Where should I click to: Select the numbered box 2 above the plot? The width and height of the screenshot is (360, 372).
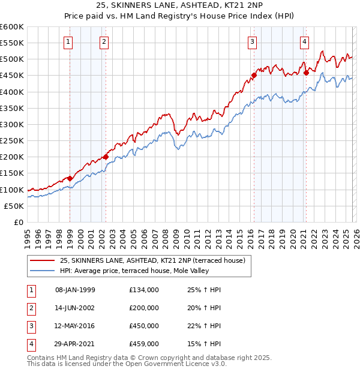point(104,41)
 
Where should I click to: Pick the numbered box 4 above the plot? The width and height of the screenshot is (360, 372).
point(304,41)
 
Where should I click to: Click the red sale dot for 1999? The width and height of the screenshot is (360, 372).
point(70,178)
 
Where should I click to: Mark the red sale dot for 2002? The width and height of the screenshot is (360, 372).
point(106,157)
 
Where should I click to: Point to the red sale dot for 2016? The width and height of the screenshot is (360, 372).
point(254,76)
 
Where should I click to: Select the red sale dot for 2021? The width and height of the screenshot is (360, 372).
point(306,73)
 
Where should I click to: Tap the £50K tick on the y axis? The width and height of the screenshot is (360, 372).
point(14,206)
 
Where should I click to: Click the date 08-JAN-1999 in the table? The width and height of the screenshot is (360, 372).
point(75,290)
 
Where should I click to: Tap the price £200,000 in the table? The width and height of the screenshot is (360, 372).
point(143,307)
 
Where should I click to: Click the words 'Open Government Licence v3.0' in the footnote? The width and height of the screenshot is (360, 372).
point(175,364)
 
